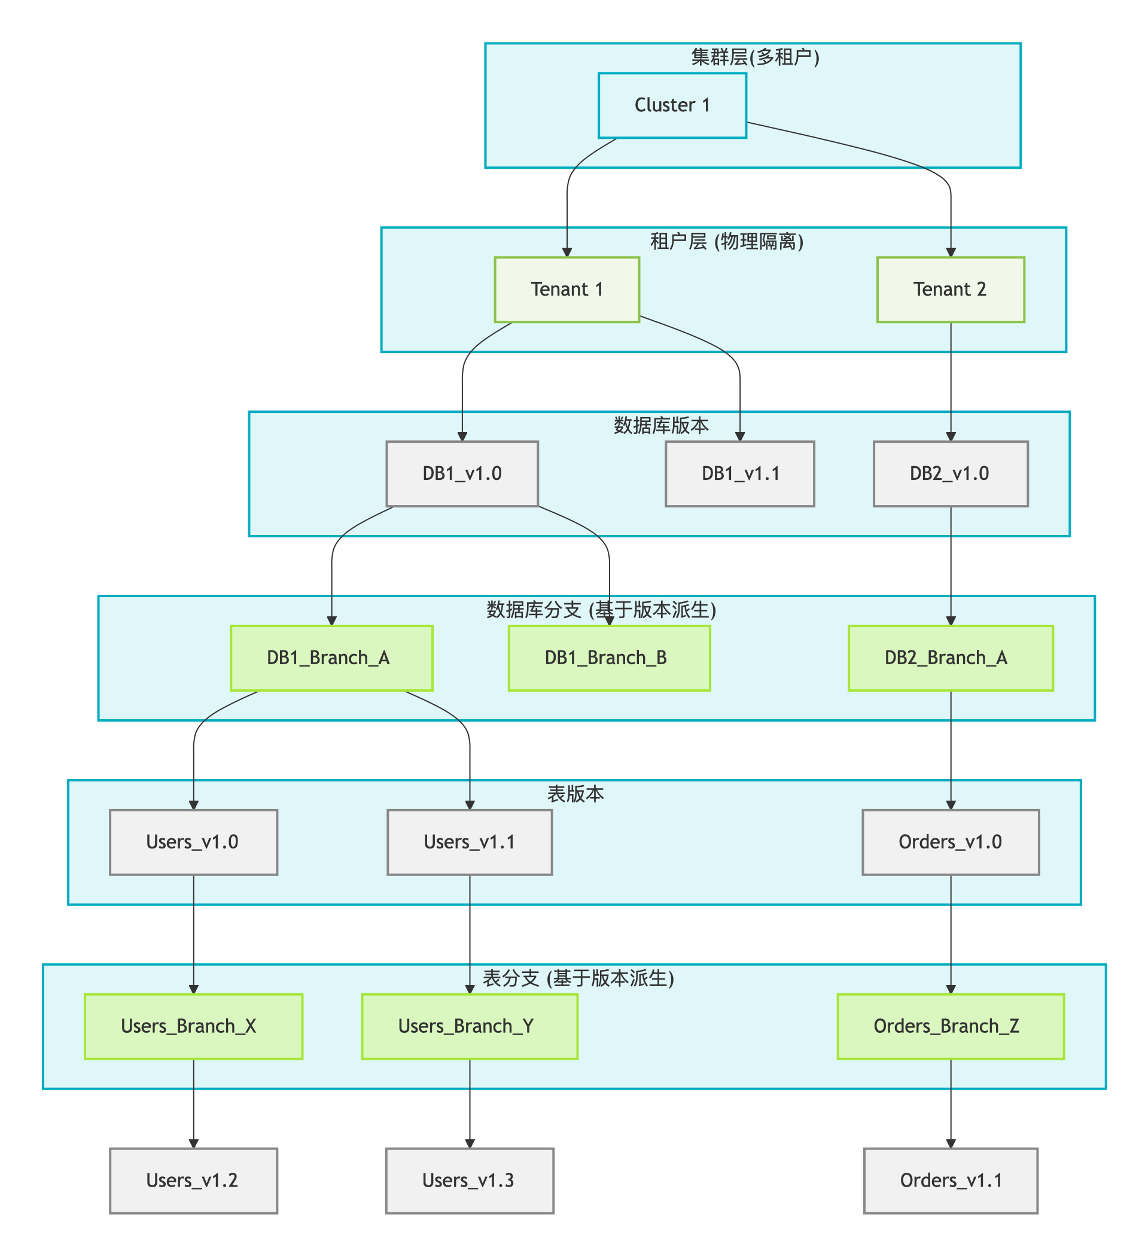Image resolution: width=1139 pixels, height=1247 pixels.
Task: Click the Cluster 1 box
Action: tap(672, 105)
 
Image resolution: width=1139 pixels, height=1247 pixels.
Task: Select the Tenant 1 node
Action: tap(567, 290)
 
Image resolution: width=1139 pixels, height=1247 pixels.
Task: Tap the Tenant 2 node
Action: tap(951, 290)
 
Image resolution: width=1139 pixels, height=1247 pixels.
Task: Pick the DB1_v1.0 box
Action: tap(462, 474)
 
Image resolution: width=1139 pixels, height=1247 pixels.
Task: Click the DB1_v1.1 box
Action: tap(739, 474)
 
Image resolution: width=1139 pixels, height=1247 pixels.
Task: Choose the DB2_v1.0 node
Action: tap(951, 474)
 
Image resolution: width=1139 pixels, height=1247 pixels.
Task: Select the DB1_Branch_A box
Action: tap(331, 658)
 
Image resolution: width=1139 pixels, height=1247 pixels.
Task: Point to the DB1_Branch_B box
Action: tap(609, 658)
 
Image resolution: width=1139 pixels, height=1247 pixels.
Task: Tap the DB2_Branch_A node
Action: tap(951, 658)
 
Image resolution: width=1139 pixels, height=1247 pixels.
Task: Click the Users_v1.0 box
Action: tap(194, 843)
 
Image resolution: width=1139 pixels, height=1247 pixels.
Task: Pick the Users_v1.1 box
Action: tap(470, 843)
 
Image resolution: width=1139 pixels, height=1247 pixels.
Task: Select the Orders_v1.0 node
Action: tap(951, 843)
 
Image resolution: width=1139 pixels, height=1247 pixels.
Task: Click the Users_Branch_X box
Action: tap(194, 1027)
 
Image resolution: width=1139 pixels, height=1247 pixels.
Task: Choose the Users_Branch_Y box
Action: tap(470, 1027)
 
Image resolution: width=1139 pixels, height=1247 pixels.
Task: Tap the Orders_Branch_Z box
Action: tap(951, 1027)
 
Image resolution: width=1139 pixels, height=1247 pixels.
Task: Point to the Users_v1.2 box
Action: tap(194, 1181)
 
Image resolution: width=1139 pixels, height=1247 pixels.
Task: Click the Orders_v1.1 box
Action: tap(951, 1181)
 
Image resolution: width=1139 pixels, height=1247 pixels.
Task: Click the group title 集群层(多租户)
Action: tap(755, 57)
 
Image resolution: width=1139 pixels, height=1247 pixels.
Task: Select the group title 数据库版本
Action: tap(661, 425)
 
